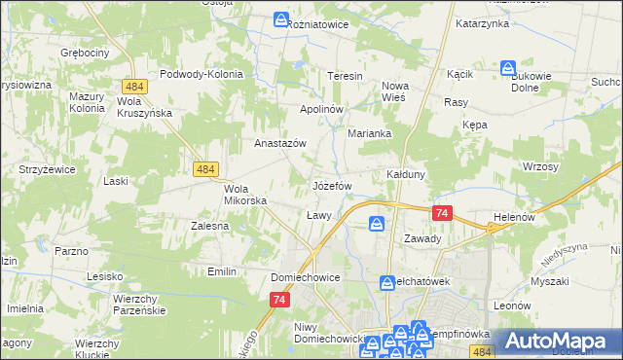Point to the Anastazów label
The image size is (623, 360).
[x=280, y=142]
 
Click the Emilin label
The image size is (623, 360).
[x=222, y=271]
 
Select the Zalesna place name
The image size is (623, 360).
[x=209, y=226]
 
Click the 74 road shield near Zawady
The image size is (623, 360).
[x=443, y=214]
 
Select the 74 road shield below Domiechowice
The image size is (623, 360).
[x=278, y=302]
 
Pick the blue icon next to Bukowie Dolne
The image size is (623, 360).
[x=508, y=68]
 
